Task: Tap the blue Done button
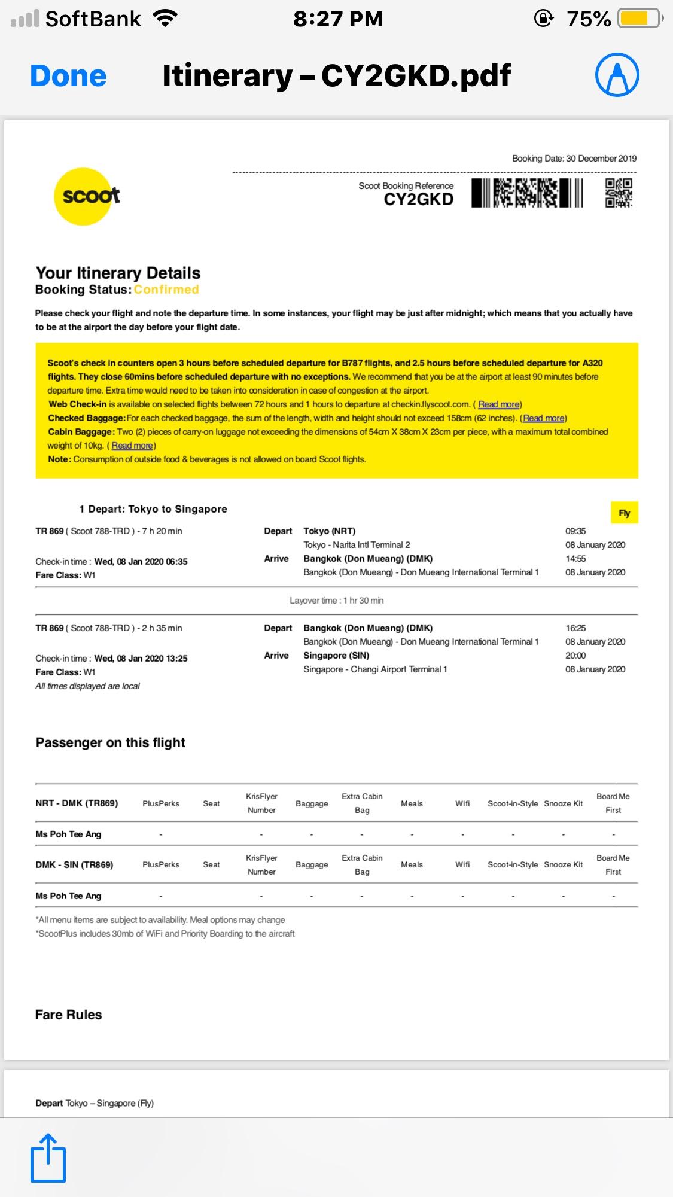tap(68, 76)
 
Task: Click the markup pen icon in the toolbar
tap(617, 75)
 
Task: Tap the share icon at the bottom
tap(48, 1158)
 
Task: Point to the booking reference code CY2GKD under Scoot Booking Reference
tap(418, 200)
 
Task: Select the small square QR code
tap(619, 193)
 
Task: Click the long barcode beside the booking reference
tap(527, 193)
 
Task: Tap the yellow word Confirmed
tap(166, 290)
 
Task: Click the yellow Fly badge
tap(624, 513)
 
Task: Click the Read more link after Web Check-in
tap(500, 404)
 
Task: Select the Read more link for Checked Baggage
tap(544, 418)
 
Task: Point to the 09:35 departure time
tap(575, 531)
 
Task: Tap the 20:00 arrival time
tap(575, 656)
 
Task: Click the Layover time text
tap(336, 601)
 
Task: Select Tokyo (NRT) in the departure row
tap(329, 531)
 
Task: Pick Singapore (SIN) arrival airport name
tap(336, 656)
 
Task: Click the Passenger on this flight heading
tap(111, 742)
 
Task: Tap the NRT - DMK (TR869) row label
tap(77, 803)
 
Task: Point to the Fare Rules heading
tap(69, 1015)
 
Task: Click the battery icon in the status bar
tap(639, 19)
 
